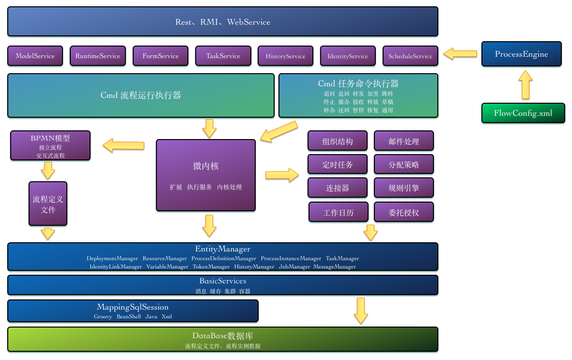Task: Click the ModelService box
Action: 35,56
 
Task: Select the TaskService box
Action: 223,56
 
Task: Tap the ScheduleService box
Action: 410,56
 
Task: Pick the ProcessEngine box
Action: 521,54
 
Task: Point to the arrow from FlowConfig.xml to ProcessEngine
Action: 525,85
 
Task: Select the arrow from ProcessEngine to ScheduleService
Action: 460,53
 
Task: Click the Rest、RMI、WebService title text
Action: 222,22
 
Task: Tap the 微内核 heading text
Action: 206,166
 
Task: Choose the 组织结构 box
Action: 338,141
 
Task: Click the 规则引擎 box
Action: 403,188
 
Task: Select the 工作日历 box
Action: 338,212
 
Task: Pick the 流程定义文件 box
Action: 48,204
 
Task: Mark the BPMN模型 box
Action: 50,145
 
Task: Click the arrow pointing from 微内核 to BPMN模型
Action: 124,145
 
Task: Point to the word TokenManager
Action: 211,266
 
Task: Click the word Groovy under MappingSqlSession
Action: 103,316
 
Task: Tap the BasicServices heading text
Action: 222,281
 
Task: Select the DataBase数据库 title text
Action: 222,336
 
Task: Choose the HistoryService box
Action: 285,56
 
